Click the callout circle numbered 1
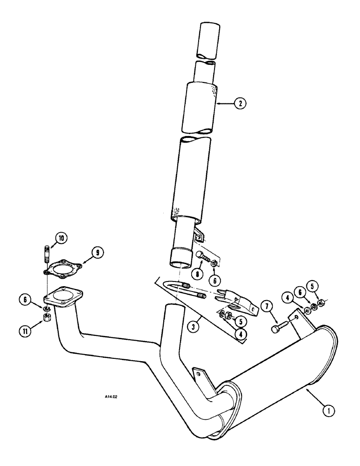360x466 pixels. click(x=329, y=411)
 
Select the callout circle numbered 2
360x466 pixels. click(x=239, y=103)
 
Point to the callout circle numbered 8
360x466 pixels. click(x=198, y=275)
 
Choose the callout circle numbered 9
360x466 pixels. click(x=97, y=253)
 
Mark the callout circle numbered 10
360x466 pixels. click(x=61, y=238)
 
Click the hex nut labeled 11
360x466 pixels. click(x=47, y=318)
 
